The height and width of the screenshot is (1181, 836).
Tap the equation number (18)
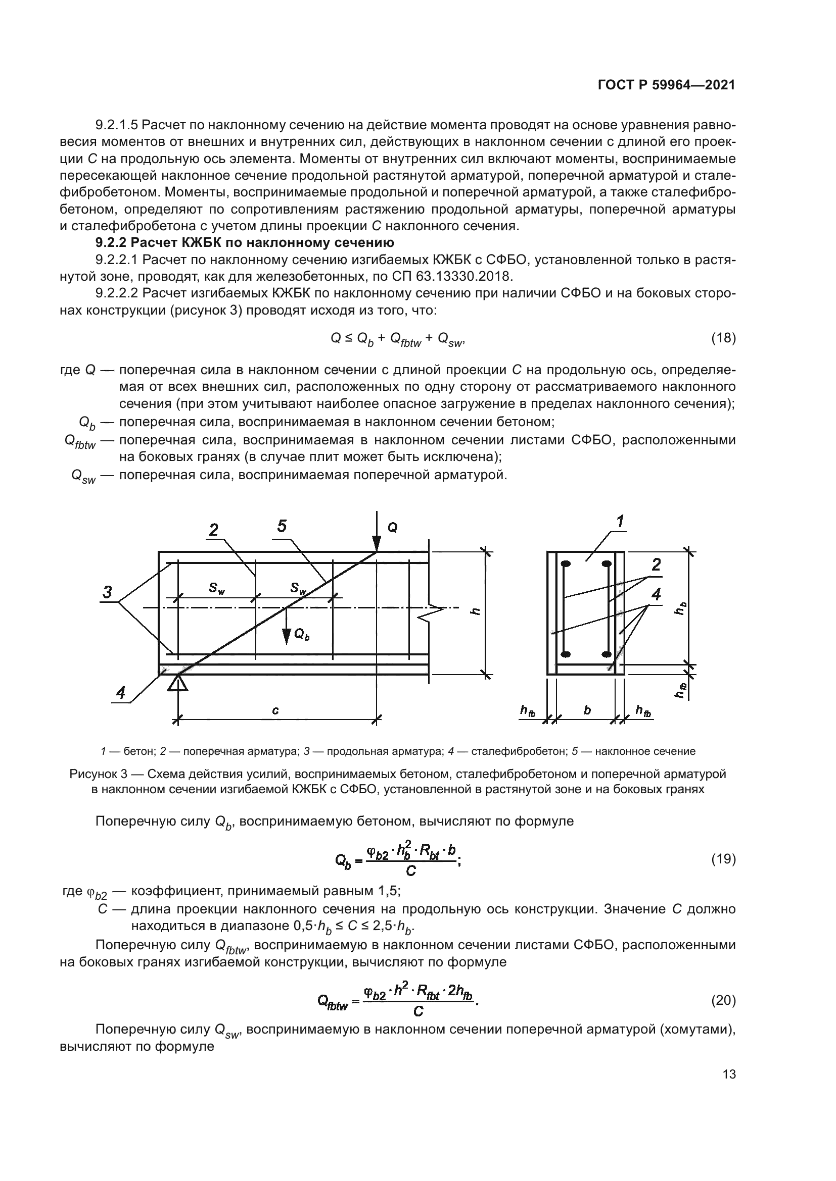coord(723,338)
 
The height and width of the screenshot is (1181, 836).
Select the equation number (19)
coord(723,858)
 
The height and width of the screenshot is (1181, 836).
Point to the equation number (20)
coord(723,1000)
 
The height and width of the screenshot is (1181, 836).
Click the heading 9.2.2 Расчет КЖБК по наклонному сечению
coord(245,242)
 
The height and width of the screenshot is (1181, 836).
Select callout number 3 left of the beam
coord(107,592)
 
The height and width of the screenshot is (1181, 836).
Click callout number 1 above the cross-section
coord(620,522)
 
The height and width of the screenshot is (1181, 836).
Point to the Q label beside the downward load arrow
coord(392,528)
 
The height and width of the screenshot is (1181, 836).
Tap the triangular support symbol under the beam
coord(178,683)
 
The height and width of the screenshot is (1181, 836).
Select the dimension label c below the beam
coord(275,710)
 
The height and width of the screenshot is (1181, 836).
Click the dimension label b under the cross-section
coord(587,710)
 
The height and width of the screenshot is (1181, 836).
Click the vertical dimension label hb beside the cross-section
coord(680,608)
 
